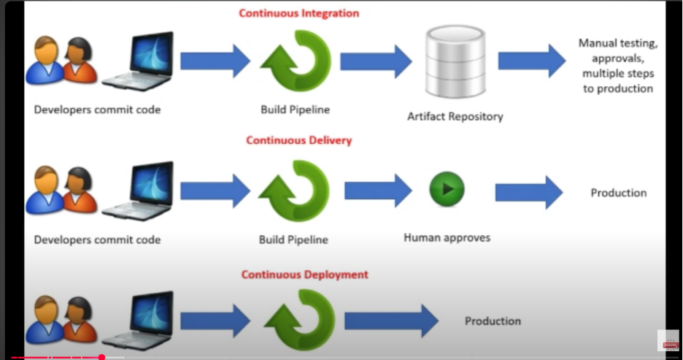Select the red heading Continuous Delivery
click(298, 140)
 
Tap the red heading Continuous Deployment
click(305, 275)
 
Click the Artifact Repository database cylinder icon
click(456, 62)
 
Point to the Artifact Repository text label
click(455, 116)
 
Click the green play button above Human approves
click(447, 189)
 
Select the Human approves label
click(447, 237)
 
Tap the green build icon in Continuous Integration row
click(296, 61)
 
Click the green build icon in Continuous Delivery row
click(296, 191)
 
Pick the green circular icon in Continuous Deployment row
click(296, 321)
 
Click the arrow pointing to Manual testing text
click(531, 61)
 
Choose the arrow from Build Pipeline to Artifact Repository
click(375, 61)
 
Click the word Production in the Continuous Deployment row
click(493, 321)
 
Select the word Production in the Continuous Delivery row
click(618, 193)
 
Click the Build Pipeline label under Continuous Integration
click(295, 110)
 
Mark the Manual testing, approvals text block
click(617, 66)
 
